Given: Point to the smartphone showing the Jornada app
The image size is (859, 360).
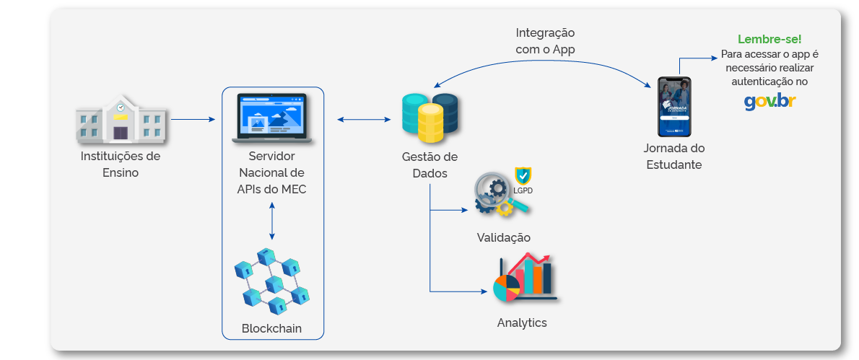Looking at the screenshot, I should [674, 107].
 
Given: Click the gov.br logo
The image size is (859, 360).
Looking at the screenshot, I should [769, 102].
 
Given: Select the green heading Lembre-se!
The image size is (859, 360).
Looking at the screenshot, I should [769, 39].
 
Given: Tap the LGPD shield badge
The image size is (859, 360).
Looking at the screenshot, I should [523, 178].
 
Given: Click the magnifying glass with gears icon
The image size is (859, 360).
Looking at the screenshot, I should [498, 197].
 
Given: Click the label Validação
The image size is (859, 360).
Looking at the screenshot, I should [503, 237].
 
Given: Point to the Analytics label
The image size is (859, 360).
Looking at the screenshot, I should [522, 322].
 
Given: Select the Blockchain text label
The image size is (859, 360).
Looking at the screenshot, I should [271, 329].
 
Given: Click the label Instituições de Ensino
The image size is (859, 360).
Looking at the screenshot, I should [121, 164].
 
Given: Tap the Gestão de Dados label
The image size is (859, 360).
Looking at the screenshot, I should [429, 165].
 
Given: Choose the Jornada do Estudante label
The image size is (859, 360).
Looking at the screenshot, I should [673, 157].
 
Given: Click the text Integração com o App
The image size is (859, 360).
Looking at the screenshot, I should [545, 41].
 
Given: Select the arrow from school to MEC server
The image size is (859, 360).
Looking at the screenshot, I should [193, 119].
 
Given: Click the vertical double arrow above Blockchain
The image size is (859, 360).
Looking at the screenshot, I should [272, 221].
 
